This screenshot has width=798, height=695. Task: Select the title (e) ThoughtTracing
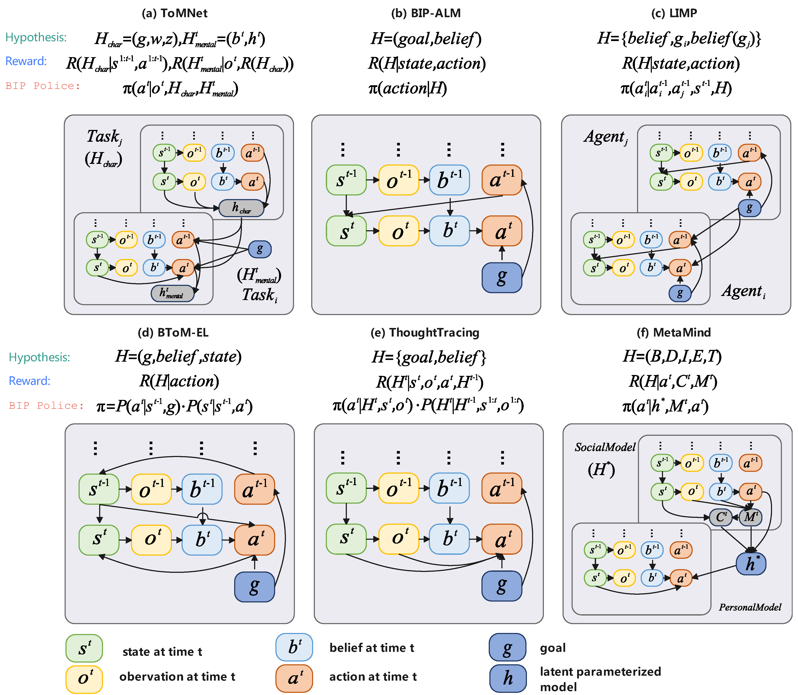point(425,332)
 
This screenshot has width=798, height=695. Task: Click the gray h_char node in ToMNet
point(241,208)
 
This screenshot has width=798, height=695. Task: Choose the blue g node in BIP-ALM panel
point(502,277)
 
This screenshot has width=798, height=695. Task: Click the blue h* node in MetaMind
point(751,564)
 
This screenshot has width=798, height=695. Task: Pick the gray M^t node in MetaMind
point(750,517)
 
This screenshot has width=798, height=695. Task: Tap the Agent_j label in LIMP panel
point(606,137)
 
